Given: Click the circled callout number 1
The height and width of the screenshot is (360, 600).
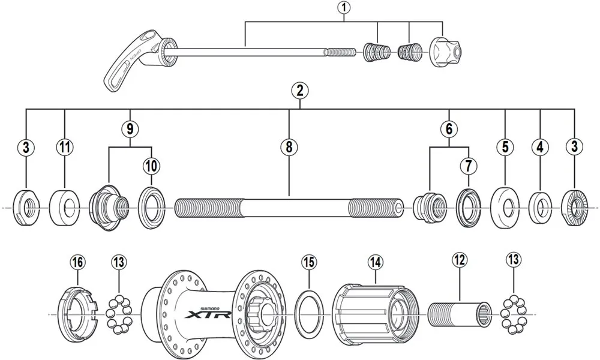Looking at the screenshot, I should point(344,8).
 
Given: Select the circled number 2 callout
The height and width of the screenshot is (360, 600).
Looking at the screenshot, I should point(299,91).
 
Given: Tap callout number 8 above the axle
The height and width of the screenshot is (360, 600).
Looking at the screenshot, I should point(289,147).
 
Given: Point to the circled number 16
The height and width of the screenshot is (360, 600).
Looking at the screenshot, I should point(77,262).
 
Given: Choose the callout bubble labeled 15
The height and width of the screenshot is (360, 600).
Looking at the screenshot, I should point(308,262).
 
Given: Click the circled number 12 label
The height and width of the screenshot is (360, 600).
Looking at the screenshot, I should point(459,260).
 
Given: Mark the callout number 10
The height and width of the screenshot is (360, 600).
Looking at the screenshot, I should point(150,164).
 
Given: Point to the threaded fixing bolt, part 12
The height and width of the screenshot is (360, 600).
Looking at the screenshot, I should point(459,314).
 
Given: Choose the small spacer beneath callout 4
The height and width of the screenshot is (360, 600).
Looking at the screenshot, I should point(541,208).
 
